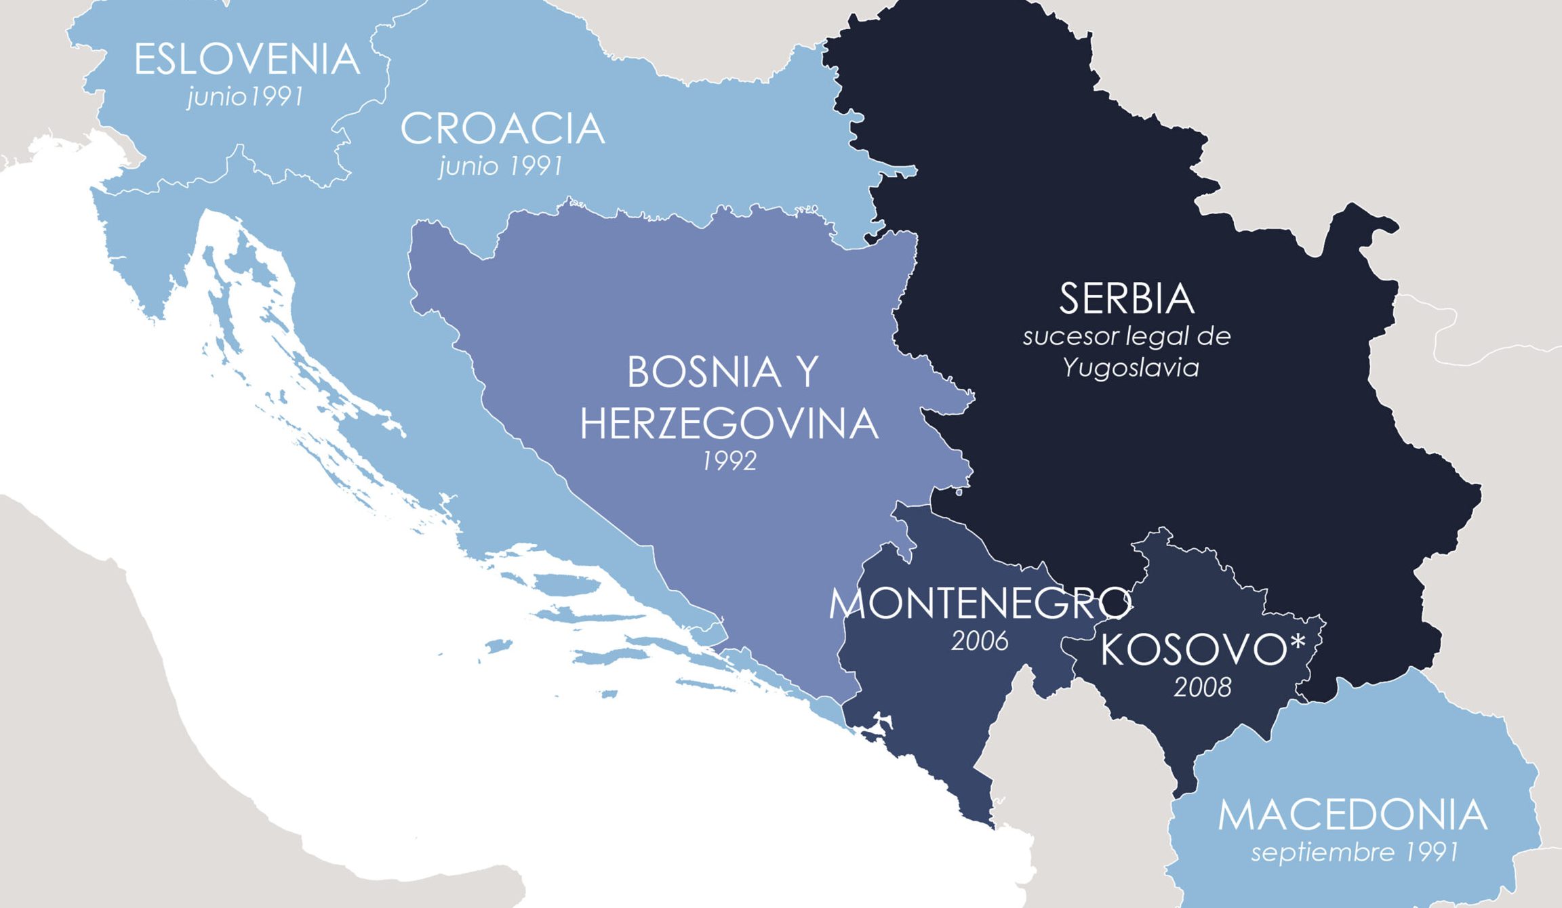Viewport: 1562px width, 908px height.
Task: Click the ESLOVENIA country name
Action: tap(247, 60)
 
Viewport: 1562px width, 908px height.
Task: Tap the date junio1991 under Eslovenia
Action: tap(245, 97)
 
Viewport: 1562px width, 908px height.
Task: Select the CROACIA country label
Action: tap(502, 129)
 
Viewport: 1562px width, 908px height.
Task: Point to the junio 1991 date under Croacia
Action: tap(501, 166)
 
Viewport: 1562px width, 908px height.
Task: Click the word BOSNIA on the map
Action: tap(704, 373)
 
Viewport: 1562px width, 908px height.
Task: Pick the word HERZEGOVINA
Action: tap(729, 425)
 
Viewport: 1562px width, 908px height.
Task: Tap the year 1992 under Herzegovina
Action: tap(729, 461)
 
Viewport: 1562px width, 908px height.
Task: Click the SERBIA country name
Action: tap(1126, 299)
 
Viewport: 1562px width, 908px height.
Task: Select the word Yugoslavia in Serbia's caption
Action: tap(1130, 368)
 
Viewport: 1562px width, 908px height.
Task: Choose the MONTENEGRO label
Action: tap(980, 604)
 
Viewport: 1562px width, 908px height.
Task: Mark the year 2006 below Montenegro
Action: tap(980, 641)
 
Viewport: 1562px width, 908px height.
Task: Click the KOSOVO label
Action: tap(1193, 651)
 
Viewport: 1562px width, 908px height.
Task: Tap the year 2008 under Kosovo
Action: tap(1202, 688)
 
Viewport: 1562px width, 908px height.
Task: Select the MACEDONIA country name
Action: tap(1353, 815)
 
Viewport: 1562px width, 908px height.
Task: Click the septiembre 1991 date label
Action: tap(1354, 852)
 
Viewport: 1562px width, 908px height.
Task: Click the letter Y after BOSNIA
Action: tap(807, 373)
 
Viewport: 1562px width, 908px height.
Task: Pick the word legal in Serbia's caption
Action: tap(1150, 336)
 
